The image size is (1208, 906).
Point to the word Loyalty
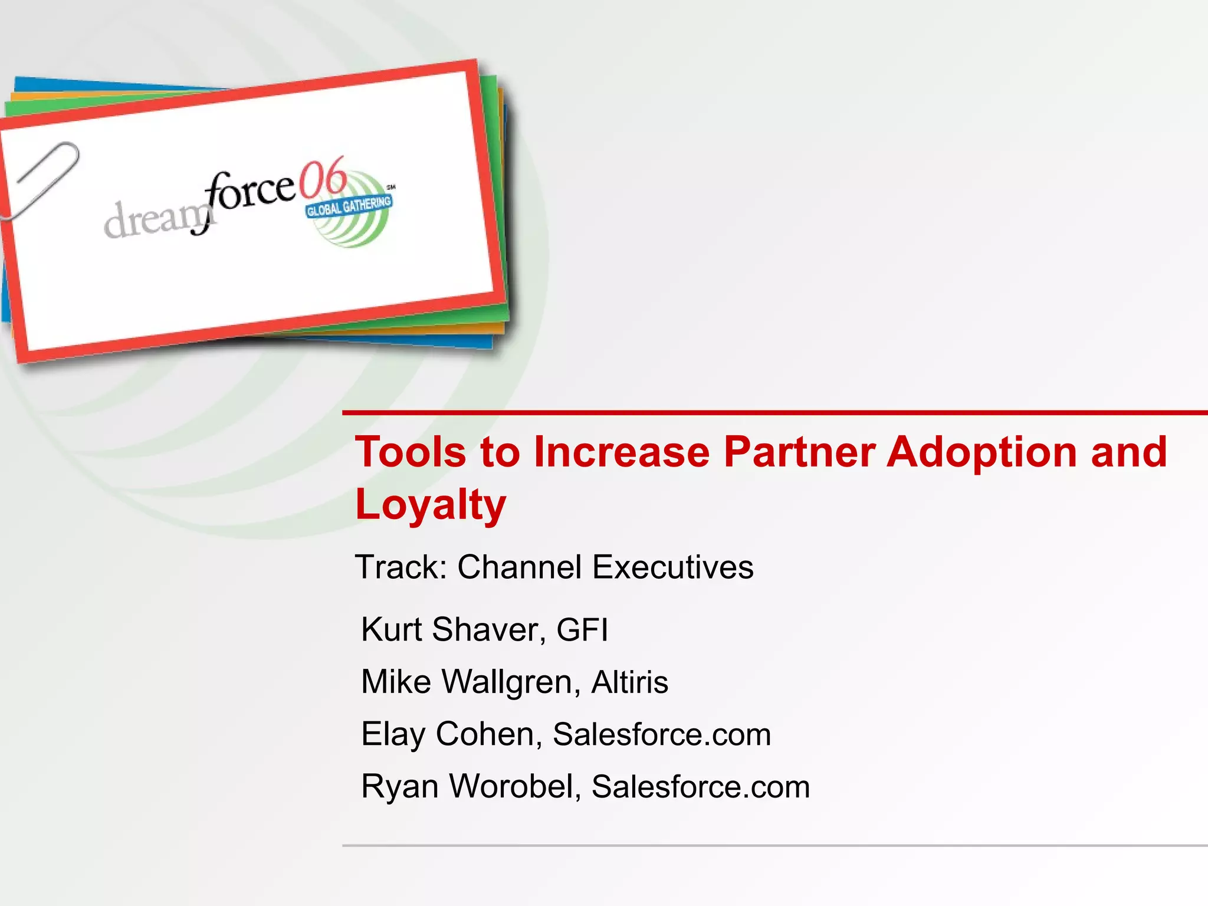(x=431, y=505)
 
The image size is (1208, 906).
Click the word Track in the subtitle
(x=401, y=567)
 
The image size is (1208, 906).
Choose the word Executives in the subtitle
(x=672, y=567)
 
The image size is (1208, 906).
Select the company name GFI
(x=582, y=629)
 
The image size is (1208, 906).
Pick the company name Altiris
(x=629, y=682)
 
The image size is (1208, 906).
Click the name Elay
(x=393, y=735)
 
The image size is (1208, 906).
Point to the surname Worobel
(x=516, y=787)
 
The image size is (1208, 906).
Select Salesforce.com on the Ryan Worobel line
(x=701, y=787)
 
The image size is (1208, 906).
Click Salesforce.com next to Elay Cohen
(x=662, y=735)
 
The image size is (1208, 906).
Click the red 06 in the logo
(x=322, y=177)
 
